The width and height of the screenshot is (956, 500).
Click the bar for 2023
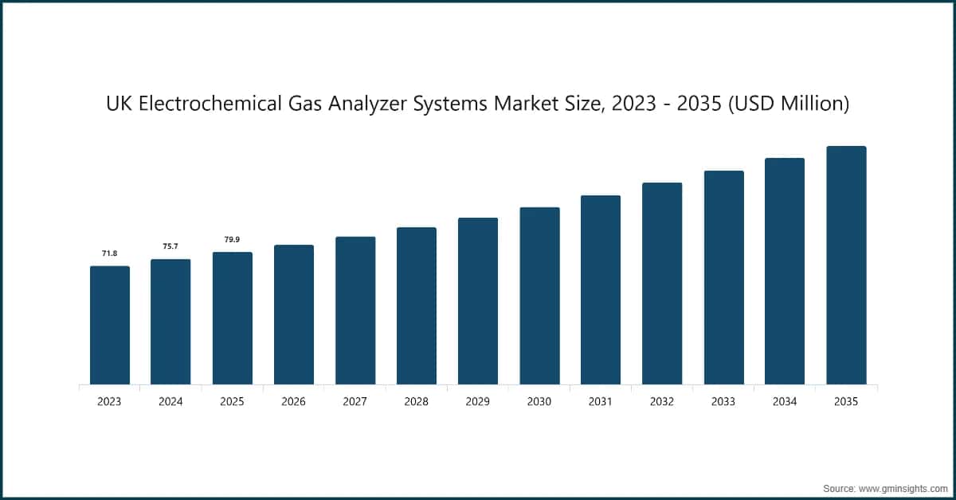109,325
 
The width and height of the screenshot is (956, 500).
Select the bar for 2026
294,315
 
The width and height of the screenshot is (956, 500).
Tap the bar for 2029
478,301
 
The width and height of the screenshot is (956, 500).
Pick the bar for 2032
662,284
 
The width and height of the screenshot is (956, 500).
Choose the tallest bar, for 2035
846,266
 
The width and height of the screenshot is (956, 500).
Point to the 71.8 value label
109,253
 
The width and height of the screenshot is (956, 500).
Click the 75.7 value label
170,246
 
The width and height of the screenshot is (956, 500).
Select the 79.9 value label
232,239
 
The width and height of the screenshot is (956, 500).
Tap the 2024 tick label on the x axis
170,402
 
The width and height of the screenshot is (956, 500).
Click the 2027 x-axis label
355,402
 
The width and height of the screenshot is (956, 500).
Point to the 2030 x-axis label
539,402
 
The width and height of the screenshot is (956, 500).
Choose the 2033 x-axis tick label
723,402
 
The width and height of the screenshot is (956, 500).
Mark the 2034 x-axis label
785,402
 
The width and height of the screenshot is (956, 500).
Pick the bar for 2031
601,290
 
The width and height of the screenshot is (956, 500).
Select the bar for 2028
417,306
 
